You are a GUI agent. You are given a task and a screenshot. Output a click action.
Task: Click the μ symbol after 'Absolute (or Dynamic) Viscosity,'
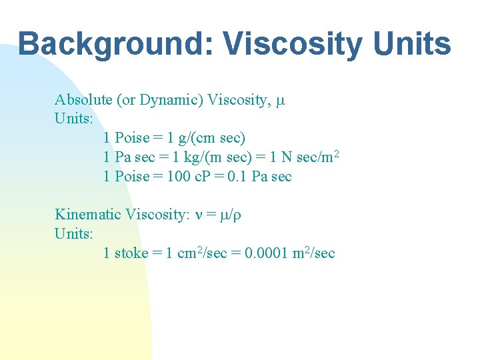click(x=281, y=101)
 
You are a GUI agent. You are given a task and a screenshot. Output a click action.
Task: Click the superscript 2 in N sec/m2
click(x=337, y=155)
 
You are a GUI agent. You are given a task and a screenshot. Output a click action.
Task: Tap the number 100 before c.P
click(x=181, y=177)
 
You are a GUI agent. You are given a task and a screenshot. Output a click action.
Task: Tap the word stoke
click(x=132, y=253)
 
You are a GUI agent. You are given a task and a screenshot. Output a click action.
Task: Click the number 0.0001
click(x=265, y=253)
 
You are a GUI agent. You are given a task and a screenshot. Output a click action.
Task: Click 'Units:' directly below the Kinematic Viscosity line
click(x=74, y=234)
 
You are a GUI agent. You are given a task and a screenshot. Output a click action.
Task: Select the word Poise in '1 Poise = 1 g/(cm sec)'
click(x=132, y=139)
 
